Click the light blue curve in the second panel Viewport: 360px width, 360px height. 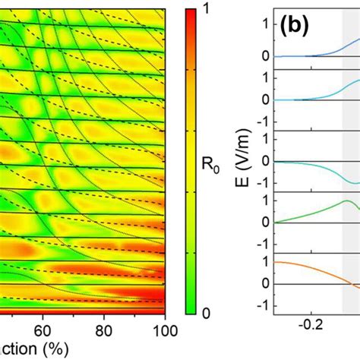(334, 92)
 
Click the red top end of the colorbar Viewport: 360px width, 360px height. (194, 15)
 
